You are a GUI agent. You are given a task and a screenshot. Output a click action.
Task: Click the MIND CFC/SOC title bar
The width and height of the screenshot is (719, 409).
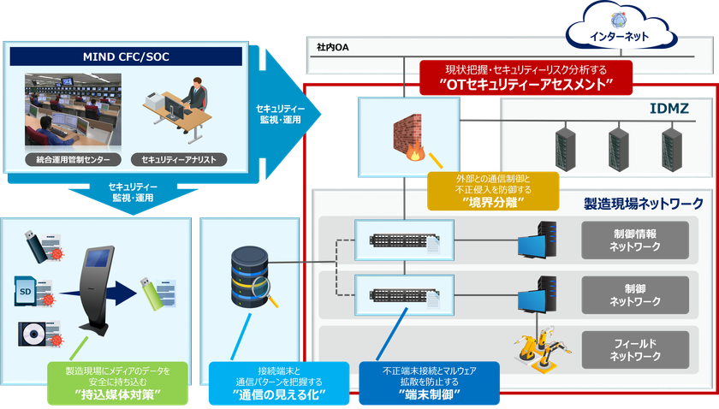pos(126,56)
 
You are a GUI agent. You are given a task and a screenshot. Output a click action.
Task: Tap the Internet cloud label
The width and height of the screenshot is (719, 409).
pos(619,36)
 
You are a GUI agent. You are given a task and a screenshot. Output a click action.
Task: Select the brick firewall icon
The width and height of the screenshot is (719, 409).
pos(408,137)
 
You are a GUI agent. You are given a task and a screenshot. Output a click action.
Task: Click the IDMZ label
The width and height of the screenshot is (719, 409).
pos(669,109)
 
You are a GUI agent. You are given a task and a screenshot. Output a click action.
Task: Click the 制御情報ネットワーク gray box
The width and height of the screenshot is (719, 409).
pos(634,240)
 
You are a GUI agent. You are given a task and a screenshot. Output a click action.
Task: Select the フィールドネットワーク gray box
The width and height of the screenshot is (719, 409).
pos(634,350)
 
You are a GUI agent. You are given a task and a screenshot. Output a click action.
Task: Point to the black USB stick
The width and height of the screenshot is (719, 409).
pos(36,246)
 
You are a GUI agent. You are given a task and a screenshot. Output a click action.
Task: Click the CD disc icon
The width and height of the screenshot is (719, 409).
pos(33,335)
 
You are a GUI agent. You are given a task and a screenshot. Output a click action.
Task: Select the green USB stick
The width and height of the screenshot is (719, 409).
pos(152,293)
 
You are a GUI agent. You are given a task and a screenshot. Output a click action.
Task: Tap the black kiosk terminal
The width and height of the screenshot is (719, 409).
pos(96,291)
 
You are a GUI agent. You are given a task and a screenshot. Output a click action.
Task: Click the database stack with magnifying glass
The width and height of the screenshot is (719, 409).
pos(253,277)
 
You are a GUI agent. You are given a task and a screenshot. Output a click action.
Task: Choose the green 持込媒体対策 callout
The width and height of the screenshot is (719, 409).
pos(117,382)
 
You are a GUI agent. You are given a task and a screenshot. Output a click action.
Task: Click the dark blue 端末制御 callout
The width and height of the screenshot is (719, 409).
pos(429,382)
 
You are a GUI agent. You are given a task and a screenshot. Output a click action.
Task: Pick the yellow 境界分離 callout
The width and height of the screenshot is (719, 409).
pos(493,191)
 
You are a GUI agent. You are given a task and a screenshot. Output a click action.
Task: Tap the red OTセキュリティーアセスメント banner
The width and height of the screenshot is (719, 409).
pos(526,78)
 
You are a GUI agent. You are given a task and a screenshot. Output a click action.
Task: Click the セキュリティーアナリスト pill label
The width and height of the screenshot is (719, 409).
pos(179,159)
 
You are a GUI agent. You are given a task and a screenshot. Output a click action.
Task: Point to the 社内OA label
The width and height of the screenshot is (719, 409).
pos(332,47)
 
